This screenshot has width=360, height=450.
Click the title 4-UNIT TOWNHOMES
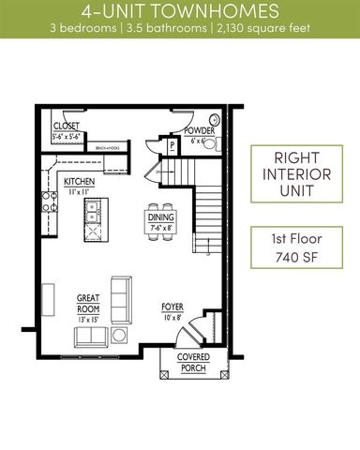tap(179, 12)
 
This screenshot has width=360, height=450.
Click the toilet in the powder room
tap(214, 120)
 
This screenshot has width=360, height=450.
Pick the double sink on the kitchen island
tap(92, 219)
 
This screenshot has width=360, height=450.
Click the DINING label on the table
tap(160, 217)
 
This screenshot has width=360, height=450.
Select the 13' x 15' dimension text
tap(89, 319)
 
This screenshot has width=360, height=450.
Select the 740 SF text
tap(295, 257)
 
